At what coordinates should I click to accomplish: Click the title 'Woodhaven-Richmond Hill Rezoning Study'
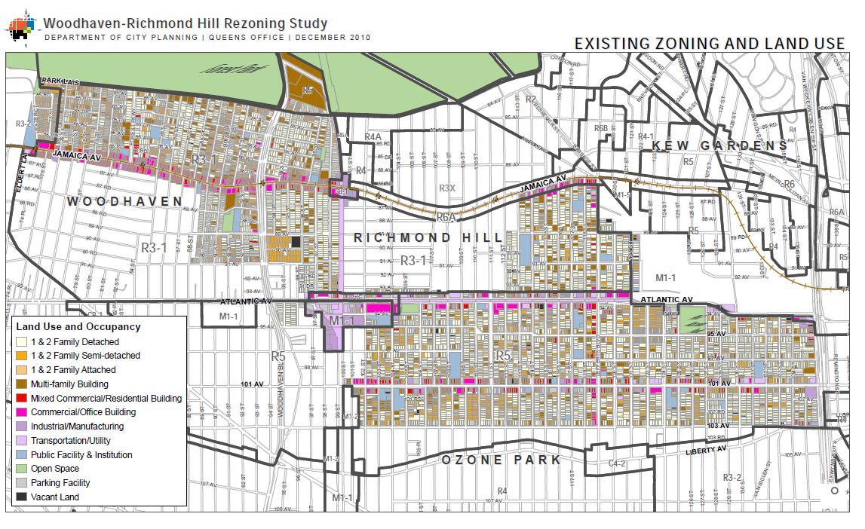pos(186,23)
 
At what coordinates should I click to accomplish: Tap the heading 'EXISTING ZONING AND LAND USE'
pos(709,44)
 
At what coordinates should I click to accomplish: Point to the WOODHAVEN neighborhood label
pos(125,201)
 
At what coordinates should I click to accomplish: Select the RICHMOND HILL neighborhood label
pos(428,237)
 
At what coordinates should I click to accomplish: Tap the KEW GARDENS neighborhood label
pos(719,145)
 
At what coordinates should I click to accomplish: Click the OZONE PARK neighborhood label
pos(501,460)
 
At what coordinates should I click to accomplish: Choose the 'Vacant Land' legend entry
pos(54,497)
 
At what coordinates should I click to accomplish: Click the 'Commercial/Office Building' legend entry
pos(83,412)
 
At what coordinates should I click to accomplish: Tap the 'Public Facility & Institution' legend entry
pos(81,455)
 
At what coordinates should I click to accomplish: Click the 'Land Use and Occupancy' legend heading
pos(78,327)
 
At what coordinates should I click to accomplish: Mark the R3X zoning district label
pos(447,188)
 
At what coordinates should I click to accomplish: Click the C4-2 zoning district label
pos(617,464)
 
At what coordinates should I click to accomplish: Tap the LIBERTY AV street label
pos(707,450)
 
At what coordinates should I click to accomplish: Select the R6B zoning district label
pos(600,129)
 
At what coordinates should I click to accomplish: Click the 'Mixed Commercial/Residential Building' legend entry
pos(106,398)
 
